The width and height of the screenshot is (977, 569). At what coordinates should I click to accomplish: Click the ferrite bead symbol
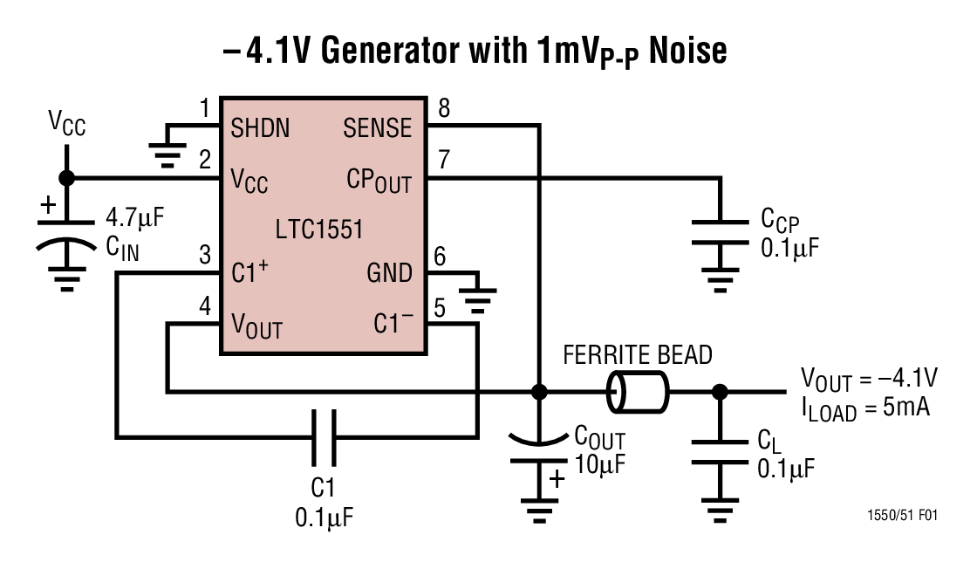pyautogui.click(x=638, y=391)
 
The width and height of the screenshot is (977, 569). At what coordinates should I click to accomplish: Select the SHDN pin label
pyautogui.click(x=260, y=128)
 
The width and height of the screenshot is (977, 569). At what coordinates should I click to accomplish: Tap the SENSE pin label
pyautogui.click(x=377, y=128)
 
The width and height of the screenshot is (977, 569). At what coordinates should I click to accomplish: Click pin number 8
pyautogui.click(x=444, y=109)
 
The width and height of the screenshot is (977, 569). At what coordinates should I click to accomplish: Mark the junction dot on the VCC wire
pyautogui.click(x=66, y=178)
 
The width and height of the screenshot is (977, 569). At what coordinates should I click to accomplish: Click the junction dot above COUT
pyautogui.click(x=538, y=391)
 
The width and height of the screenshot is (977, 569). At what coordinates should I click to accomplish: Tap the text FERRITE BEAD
pyautogui.click(x=638, y=355)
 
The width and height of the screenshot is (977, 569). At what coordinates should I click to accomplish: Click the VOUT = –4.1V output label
pyautogui.click(x=869, y=378)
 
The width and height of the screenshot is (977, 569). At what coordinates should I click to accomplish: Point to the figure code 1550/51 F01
pyautogui.click(x=903, y=516)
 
